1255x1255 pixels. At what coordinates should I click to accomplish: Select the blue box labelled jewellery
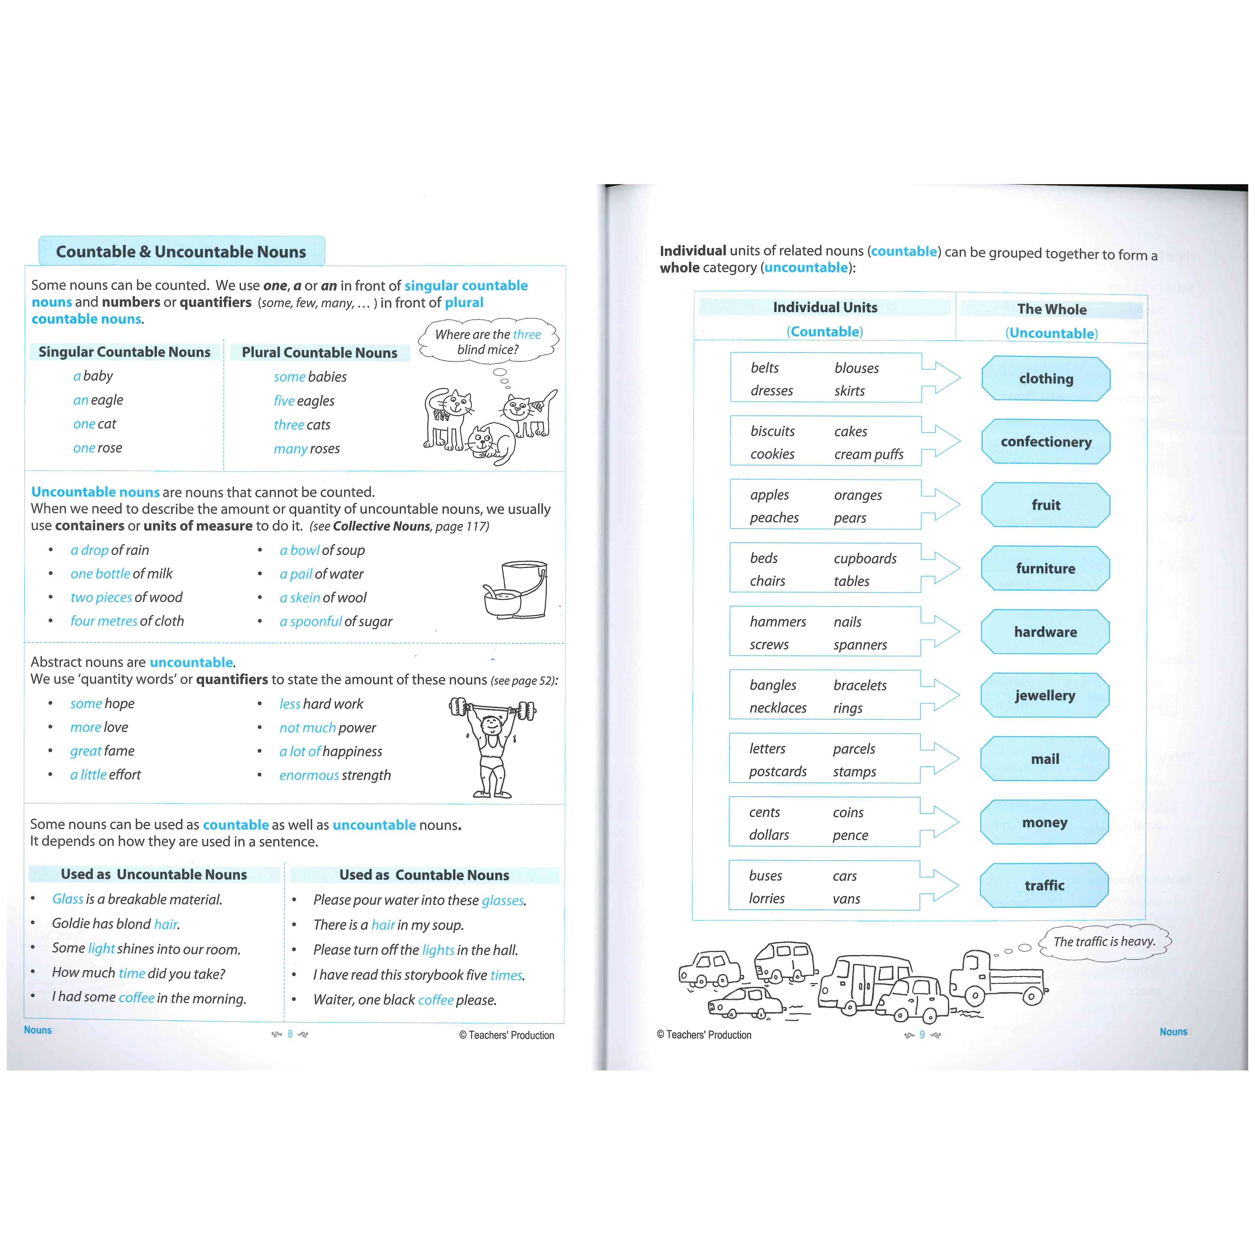click(x=1045, y=695)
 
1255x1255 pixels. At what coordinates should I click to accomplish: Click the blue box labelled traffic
click(x=1044, y=885)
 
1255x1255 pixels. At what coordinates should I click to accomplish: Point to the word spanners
click(x=860, y=645)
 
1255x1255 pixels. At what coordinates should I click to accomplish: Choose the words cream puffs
click(x=869, y=455)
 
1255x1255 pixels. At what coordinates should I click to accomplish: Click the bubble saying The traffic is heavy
click(x=1104, y=941)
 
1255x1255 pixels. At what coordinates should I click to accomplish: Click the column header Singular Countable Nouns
click(x=124, y=352)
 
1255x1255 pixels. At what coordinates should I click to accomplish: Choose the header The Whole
click(x=1052, y=309)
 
